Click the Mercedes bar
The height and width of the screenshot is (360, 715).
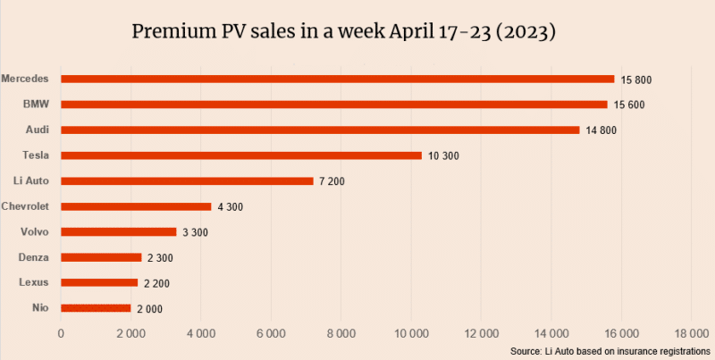(x=338, y=79)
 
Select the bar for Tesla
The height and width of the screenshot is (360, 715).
(x=241, y=155)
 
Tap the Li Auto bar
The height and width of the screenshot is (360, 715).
(x=188, y=180)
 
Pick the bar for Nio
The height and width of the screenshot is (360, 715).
(x=97, y=308)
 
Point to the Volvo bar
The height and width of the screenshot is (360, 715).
(x=119, y=232)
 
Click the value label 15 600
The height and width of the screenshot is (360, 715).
(x=630, y=105)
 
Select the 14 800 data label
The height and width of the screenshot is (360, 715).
(x=601, y=130)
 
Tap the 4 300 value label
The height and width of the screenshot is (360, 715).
(x=230, y=207)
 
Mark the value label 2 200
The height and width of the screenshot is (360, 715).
(x=157, y=283)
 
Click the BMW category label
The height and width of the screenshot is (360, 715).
(x=36, y=105)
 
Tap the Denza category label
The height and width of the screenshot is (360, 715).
(x=33, y=257)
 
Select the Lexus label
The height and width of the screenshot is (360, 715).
(x=33, y=282)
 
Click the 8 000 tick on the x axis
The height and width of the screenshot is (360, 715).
(x=342, y=333)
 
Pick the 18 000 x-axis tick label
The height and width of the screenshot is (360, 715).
(x=691, y=333)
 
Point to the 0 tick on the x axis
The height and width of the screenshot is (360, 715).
(x=61, y=333)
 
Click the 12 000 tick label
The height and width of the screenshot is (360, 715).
(x=480, y=333)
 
